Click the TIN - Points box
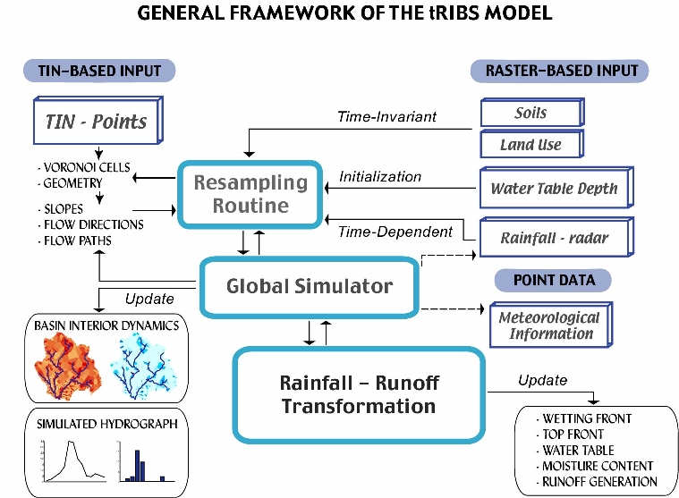(x=95, y=121)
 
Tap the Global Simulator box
(x=309, y=286)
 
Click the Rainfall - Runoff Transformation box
(x=358, y=394)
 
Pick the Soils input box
(x=530, y=114)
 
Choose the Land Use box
(x=530, y=144)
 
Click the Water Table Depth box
(x=554, y=189)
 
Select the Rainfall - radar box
(x=555, y=238)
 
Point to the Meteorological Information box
(x=549, y=325)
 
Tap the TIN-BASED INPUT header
(x=98, y=71)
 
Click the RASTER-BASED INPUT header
(x=560, y=71)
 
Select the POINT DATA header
(x=555, y=280)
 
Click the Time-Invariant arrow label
(x=386, y=116)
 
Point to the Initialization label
(x=379, y=176)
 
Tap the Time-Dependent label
(x=395, y=232)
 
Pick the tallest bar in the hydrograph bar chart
(x=139, y=464)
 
